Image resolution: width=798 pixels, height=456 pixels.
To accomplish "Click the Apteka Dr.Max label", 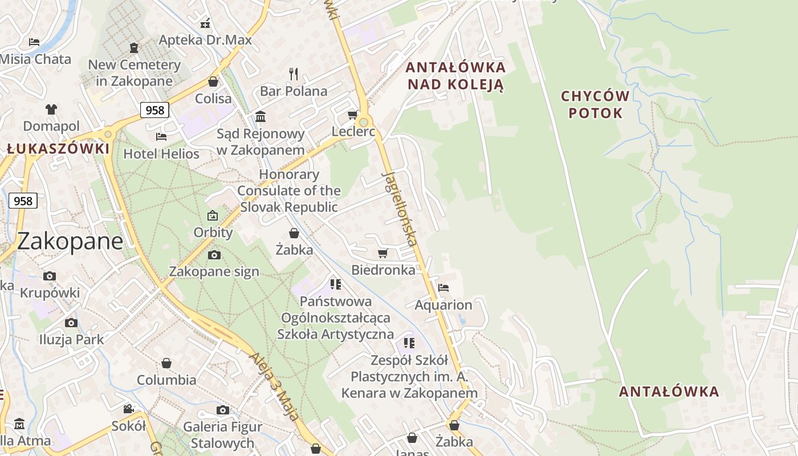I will coord(205,40).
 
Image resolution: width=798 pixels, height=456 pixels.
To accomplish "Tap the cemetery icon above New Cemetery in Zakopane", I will coord(134,47).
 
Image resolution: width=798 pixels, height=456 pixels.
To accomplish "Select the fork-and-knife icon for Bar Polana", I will coord(294,74).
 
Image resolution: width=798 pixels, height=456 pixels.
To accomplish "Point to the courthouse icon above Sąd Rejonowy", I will coord(260,116).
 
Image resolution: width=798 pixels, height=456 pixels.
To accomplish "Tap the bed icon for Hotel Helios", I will coord(161,137).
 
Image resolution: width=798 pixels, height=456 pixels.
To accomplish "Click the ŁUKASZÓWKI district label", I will coord(58,149).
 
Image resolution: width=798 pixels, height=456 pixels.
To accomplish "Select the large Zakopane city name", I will coord(70,241).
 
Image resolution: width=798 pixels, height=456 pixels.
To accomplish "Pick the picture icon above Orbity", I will coord(213,215).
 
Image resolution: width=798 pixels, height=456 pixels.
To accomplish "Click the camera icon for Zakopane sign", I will coord(214,255).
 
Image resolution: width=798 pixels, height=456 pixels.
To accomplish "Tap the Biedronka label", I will coord(384,270).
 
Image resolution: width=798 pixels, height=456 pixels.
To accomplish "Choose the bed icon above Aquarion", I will coord(443,288).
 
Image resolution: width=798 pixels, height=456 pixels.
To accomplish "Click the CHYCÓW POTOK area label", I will coord(595,104).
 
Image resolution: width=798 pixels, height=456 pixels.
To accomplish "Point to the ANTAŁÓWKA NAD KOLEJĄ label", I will coord(455,76).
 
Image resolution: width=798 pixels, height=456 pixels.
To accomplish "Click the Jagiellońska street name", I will coord(401,209).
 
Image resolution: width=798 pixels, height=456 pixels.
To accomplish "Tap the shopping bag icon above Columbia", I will coord(166,363).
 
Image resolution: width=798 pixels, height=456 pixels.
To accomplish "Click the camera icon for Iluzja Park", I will coord(71,323).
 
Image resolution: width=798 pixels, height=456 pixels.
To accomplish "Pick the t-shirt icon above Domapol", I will coord(51,109).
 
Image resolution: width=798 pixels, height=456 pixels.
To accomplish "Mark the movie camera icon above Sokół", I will coord(129,409).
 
